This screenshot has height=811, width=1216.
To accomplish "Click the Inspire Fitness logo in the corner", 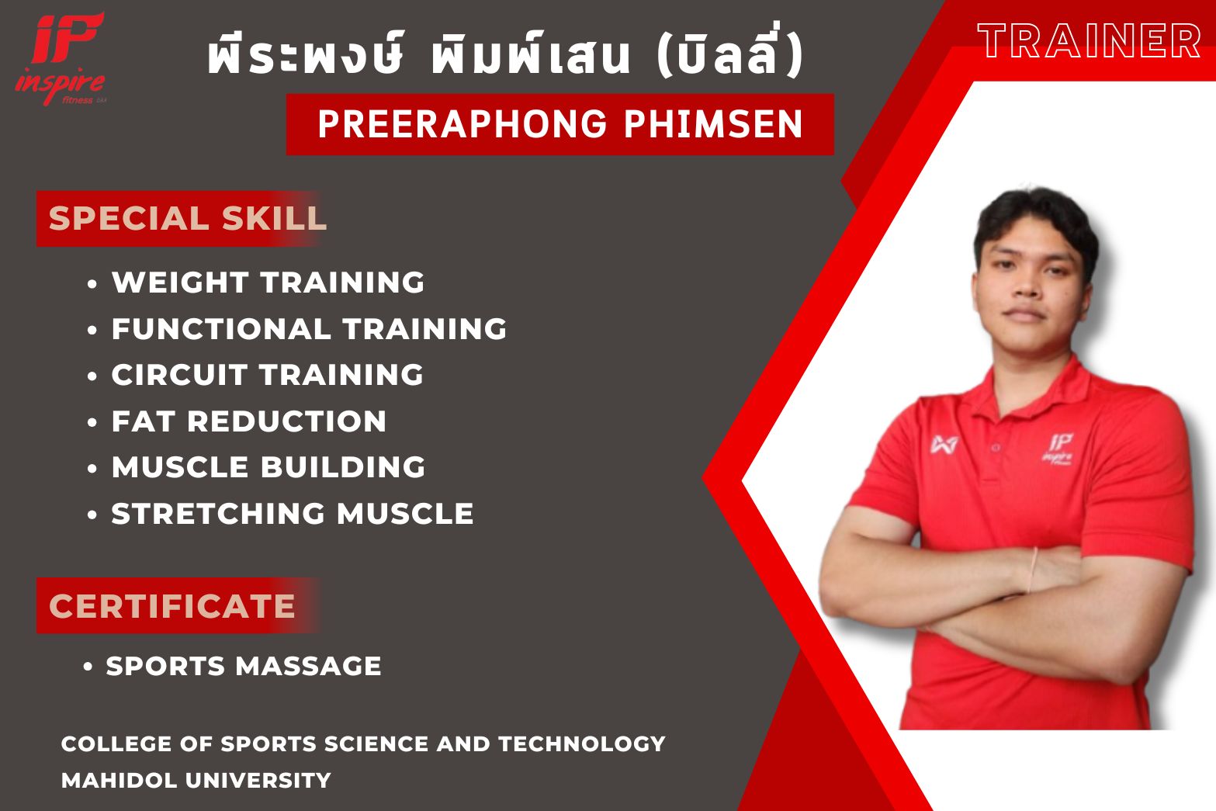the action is [x=61, y=59].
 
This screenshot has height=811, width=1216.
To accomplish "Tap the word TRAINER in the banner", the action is [x=1089, y=40].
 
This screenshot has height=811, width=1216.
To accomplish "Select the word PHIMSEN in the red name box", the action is [x=713, y=124].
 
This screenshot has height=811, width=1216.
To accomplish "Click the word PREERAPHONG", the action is [x=462, y=124].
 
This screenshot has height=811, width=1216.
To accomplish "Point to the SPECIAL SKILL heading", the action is [x=187, y=218].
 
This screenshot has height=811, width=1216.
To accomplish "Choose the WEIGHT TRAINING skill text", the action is [x=268, y=282].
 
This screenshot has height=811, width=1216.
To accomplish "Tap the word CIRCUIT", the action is [x=180, y=375].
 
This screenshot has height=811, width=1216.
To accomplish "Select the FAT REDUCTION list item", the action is [x=248, y=421].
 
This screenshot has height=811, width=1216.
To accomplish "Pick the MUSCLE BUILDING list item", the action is [x=268, y=467].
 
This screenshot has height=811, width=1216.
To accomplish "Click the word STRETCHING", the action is [x=218, y=514].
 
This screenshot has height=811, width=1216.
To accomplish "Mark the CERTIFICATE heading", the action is [x=172, y=606].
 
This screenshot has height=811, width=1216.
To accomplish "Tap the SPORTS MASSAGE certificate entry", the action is [x=244, y=666].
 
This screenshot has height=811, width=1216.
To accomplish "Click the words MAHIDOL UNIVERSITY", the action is [x=196, y=780].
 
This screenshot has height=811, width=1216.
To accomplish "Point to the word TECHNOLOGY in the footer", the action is [x=582, y=743].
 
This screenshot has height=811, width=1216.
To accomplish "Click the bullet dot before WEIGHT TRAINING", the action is [x=92, y=284].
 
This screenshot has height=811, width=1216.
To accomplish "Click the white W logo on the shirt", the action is [x=944, y=445].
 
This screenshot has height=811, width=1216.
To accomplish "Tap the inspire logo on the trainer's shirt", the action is [x=1057, y=449].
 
